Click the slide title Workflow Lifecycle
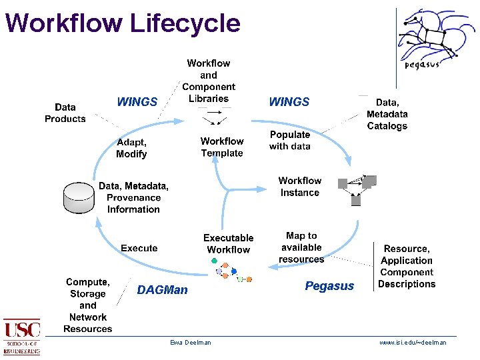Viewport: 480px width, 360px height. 122,23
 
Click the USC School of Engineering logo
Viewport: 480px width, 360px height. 22,337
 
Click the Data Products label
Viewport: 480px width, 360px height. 65,113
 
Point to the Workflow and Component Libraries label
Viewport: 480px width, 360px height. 209,81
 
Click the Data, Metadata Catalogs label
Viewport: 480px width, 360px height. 387,114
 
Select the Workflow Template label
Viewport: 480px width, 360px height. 222,147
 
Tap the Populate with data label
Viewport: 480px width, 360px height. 290,140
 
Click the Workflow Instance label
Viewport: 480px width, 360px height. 300,187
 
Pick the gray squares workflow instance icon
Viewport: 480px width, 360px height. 357,189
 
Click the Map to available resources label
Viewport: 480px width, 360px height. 301,247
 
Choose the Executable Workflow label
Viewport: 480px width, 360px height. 229,243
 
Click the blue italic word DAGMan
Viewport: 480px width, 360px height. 162,290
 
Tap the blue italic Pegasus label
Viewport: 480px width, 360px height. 329,286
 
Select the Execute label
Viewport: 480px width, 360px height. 139,248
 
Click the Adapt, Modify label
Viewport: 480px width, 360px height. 131,148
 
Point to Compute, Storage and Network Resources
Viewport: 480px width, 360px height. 88,305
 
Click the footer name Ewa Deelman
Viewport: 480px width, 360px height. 190,343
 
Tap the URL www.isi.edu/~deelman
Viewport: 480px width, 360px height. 413,343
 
